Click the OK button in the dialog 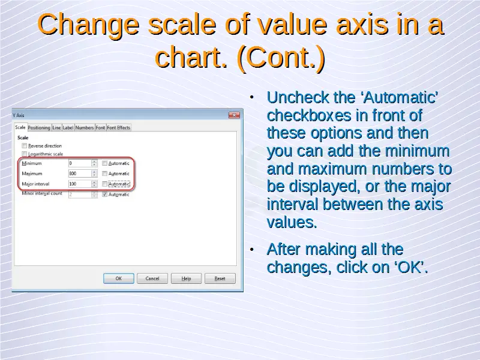118,278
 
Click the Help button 186,278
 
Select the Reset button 220,278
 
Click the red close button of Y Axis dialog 234,115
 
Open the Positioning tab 39,128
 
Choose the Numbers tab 85,128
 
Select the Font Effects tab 118,128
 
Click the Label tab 68,128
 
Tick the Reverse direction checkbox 25,146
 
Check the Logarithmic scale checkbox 25,154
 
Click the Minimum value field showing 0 80,163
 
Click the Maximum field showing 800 80,173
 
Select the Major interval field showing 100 80,184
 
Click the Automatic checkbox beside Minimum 104,163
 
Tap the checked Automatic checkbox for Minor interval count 104,194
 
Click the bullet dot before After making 251,250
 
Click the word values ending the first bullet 292,222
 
